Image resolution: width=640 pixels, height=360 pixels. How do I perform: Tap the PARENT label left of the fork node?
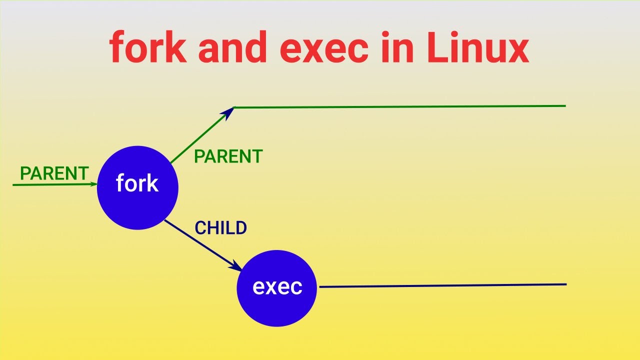tap(54, 173)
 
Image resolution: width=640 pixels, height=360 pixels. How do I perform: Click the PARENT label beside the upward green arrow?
tap(228, 156)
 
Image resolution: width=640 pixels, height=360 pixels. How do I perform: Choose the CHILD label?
tap(220, 228)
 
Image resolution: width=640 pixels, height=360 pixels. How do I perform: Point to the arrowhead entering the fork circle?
tap(93, 184)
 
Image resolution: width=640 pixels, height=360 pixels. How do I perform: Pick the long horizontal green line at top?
tap(400, 106)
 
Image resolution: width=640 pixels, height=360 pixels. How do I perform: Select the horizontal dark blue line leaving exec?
tap(442, 285)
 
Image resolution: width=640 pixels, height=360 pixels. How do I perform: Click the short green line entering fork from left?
tap(50, 184)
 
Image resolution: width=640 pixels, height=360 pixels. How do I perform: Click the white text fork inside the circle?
tap(137, 183)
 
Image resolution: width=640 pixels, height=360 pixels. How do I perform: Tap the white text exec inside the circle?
tap(277, 287)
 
